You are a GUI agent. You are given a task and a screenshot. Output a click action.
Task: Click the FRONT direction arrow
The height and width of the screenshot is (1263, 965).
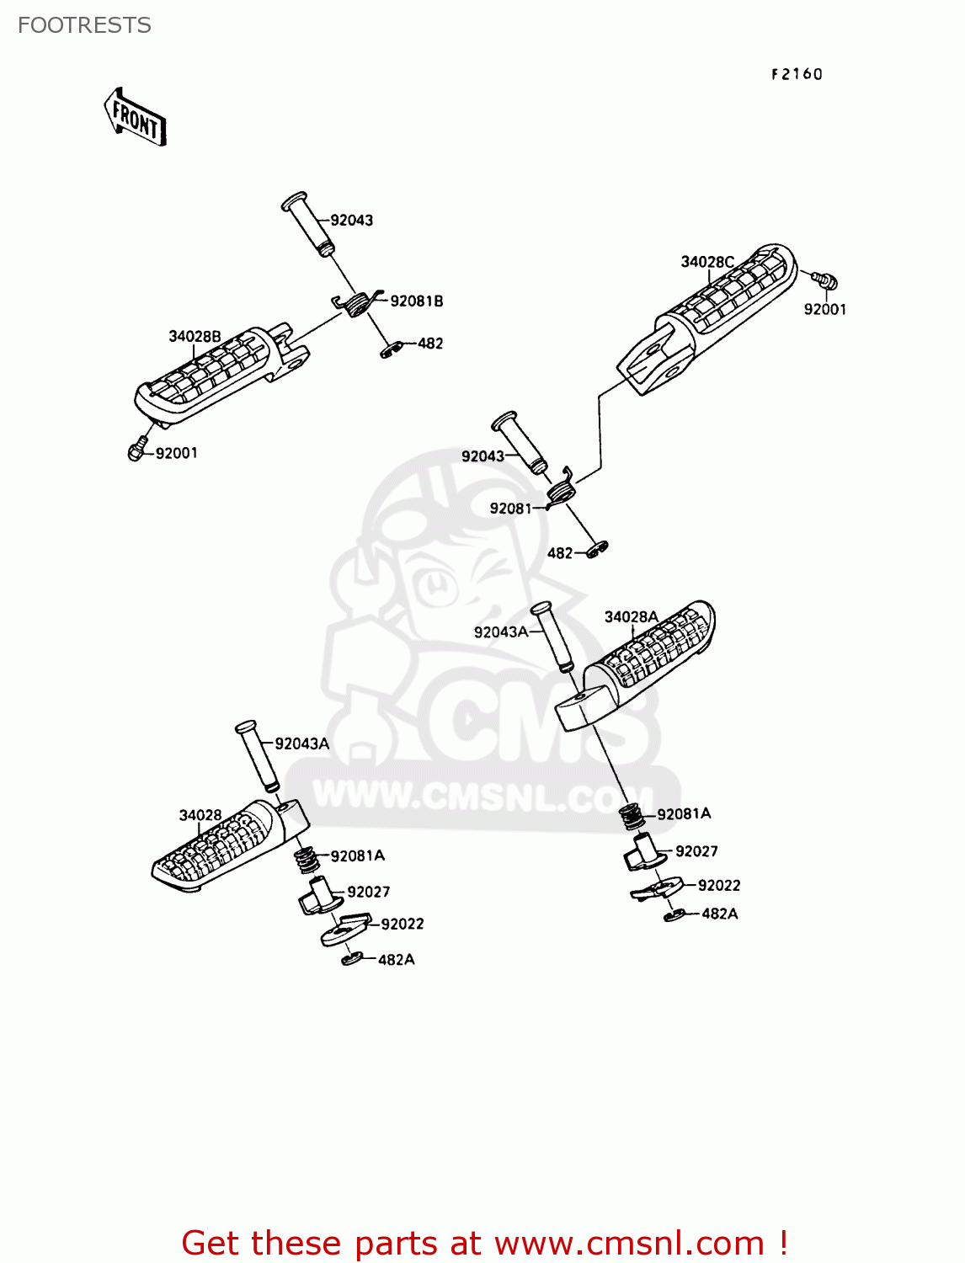(x=135, y=118)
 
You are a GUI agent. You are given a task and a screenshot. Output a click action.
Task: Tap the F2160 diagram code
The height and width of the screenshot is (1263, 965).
(x=797, y=74)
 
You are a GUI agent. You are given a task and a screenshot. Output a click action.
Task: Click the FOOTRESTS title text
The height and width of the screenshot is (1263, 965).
(x=84, y=25)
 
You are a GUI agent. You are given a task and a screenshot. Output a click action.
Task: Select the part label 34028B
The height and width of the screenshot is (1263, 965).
(x=195, y=337)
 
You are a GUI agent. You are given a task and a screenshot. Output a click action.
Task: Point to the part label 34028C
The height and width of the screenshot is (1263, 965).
(x=707, y=262)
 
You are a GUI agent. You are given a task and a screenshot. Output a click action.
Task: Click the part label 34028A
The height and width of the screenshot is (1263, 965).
(x=631, y=617)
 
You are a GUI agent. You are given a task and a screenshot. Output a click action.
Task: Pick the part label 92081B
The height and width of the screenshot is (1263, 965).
(x=417, y=301)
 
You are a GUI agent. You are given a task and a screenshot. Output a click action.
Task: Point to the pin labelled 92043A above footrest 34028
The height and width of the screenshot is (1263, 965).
(x=256, y=756)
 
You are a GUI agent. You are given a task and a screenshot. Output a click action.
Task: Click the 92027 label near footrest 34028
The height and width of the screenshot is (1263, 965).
(x=369, y=892)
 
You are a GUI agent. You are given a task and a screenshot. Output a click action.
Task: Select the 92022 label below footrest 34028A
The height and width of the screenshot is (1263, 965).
(x=719, y=885)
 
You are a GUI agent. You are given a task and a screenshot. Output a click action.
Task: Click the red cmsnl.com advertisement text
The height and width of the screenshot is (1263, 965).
(x=484, y=1243)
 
